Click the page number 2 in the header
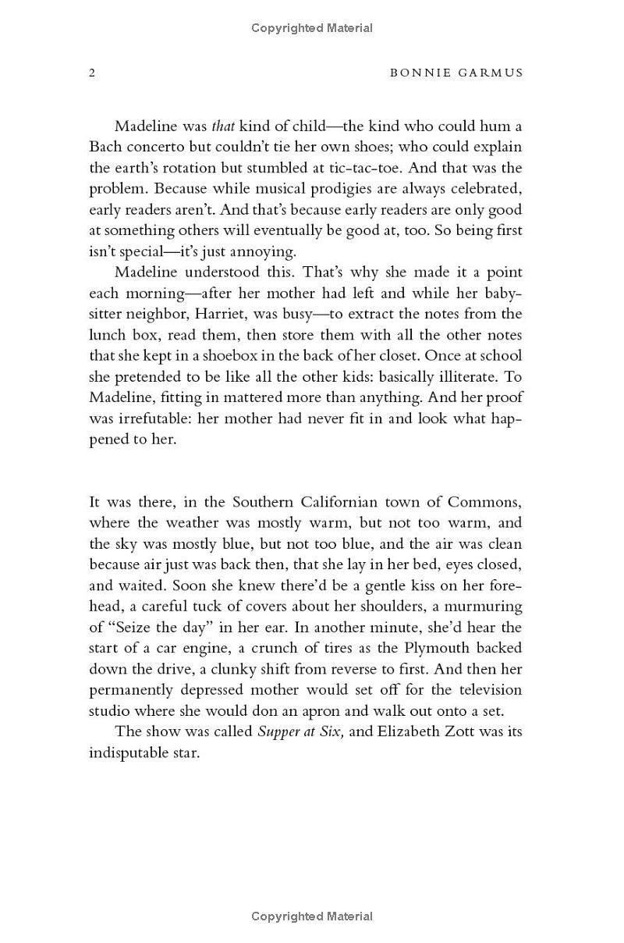click(x=92, y=73)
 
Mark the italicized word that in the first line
click(x=223, y=126)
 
